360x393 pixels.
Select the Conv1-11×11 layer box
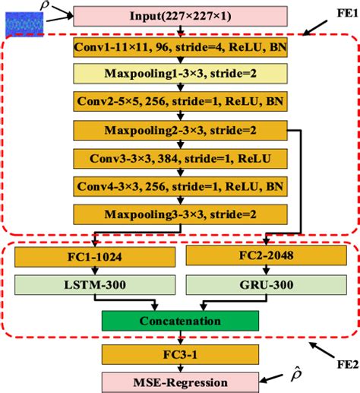click(180, 47)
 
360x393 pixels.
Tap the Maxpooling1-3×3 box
click(180, 73)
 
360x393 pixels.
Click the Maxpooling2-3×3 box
click(180, 130)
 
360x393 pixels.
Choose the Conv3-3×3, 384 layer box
click(180, 158)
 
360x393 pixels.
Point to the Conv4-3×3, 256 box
click(180, 186)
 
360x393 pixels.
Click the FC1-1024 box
click(93, 257)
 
